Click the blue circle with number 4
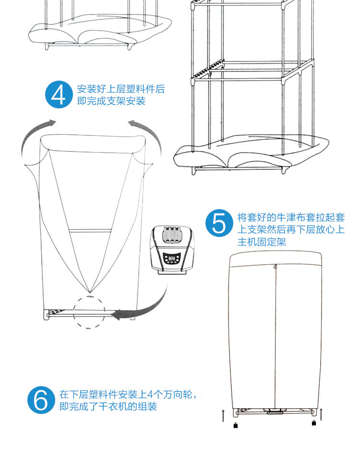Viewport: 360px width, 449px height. pyautogui.click(x=59, y=95)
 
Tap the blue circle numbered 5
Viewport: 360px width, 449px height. pyautogui.click(x=219, y=223)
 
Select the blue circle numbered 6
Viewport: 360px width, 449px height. pyautogui.click(x=41, y=400)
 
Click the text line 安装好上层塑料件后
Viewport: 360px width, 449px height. pyautogui.click(x=121, y=89)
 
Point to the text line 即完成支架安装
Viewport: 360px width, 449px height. pyautogui.click(x=111, y=101)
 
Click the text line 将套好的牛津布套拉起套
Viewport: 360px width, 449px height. pyautogui.click(x=291, y=218)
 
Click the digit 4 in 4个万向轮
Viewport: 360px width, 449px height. pyautogui.click(x=150, y=395)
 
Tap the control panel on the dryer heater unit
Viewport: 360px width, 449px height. pyautogui.click(x=171, y=260)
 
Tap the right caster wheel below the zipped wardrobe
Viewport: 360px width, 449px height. pyautogui.click(x=313, y=423)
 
